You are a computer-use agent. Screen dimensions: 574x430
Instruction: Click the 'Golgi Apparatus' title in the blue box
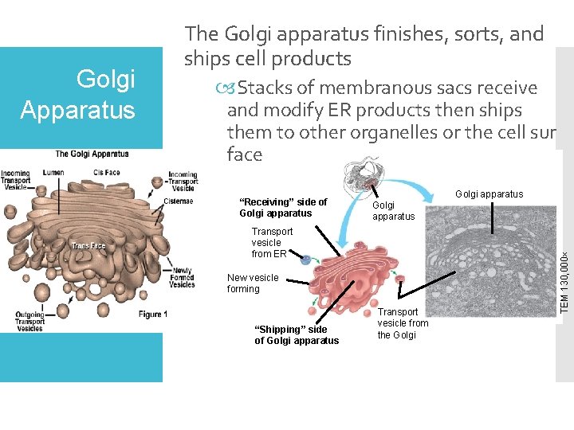point(77,93)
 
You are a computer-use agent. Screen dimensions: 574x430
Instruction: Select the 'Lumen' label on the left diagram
point(53,171)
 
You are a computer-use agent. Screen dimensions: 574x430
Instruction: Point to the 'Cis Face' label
point(107,171)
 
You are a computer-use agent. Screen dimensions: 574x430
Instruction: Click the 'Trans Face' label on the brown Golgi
point(88,246)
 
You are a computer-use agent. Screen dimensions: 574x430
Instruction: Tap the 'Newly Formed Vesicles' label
point(182,277)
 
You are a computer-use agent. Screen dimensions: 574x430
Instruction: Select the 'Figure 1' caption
point(153,315)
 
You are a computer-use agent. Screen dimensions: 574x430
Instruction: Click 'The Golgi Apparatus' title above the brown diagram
point(92,154)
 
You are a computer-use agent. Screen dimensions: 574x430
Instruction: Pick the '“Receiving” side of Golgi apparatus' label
point(283,208)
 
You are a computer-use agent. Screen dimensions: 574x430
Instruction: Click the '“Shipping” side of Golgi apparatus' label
point(296,335)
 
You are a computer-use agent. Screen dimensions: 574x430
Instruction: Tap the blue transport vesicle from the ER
point(305,258)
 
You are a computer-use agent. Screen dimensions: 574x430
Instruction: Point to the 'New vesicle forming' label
point(253,283)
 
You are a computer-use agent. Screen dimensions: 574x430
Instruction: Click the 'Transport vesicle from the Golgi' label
point(403,322)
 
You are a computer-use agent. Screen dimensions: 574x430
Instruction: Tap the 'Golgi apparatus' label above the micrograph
point(489,193)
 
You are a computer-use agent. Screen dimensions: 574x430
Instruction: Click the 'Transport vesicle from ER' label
point(272,243)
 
